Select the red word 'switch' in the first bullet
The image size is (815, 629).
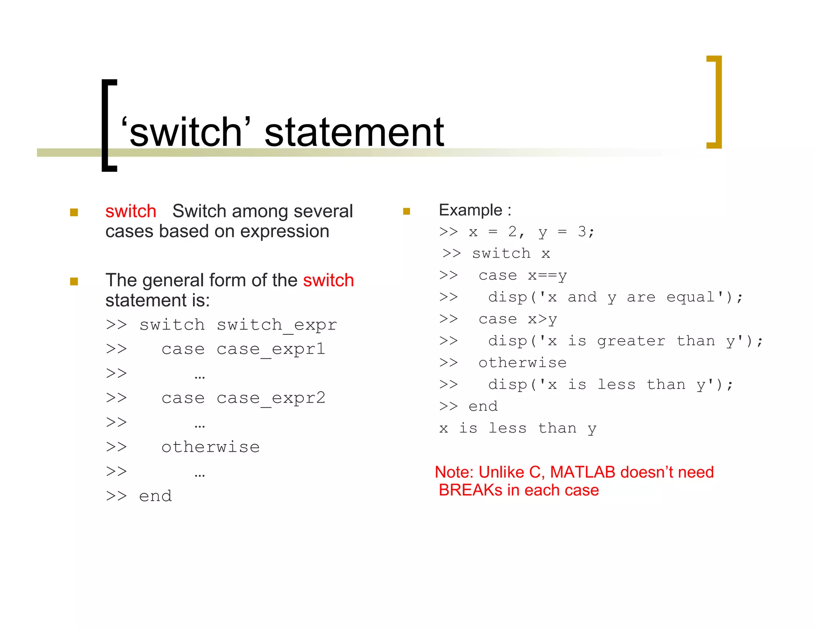[131, 211]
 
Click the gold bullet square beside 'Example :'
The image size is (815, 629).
[406, 211]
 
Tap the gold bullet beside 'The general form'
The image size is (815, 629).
[74, 281]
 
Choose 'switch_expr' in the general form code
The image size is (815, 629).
[277, 325]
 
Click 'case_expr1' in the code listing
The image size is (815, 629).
[271, 349]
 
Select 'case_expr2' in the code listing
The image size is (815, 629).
[271, 398]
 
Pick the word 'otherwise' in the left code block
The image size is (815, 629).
[211, 447]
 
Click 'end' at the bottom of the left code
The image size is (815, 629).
[155, 496]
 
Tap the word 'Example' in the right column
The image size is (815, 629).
[470, 210]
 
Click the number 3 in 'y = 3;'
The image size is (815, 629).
[582, 231]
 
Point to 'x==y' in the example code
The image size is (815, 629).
[547, 275]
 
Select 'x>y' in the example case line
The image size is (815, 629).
[542, 319]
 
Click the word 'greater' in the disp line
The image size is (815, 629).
[631, 341]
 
